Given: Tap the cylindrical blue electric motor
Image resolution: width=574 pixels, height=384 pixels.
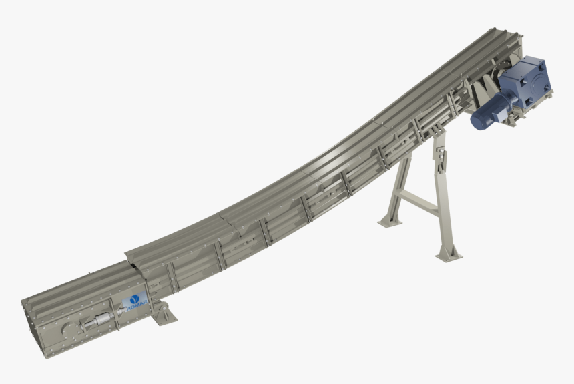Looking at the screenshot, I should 494,111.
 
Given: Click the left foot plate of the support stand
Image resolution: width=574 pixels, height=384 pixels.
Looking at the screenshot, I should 390,220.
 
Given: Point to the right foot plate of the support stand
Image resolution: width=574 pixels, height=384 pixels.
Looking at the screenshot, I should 449,254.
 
